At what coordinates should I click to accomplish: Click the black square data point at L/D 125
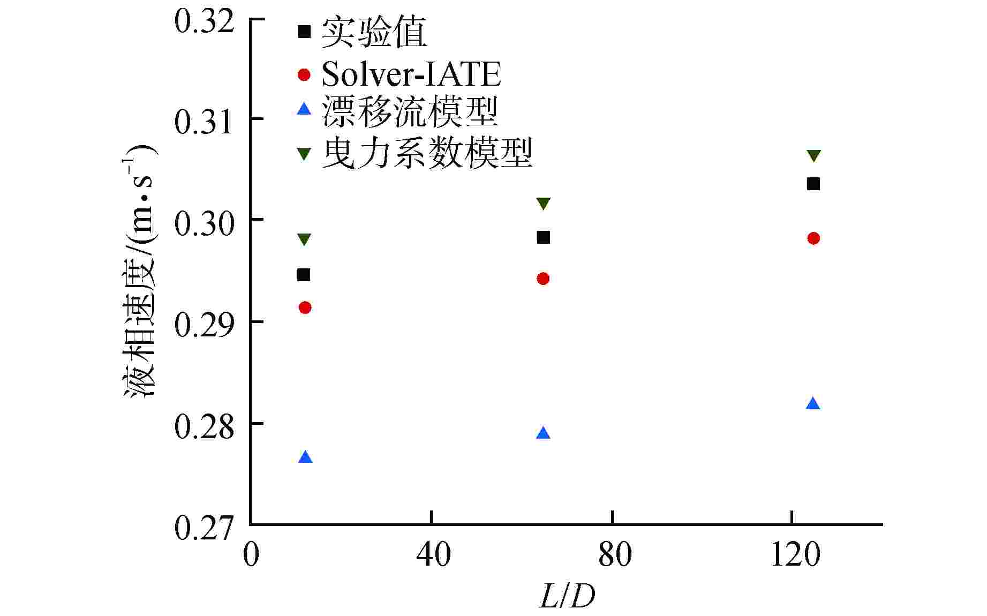click(x=813, y=184)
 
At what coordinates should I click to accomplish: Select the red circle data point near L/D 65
click(x=543, y=279)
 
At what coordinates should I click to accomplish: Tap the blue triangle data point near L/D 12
click(x=305, y=457)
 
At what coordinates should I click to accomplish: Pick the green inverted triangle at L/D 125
click(x=813, y=156)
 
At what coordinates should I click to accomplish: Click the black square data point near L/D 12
click(x=304, y=275)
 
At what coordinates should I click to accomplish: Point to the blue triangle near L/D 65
click(x=543, y=433)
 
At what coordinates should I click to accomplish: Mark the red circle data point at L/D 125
click(x=813, y=238)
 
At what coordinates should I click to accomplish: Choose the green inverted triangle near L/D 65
click(x=543, y=204)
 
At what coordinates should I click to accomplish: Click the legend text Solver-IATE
click(x=411, y=74)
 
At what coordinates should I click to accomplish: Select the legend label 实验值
click(x=374, y=32)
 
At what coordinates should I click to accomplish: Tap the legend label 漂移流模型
click(x=410, y=111)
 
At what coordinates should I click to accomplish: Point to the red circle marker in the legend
click(x=304, y=74)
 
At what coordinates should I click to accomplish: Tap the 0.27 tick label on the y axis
click(x=205, y=527)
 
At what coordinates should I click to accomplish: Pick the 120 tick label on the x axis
click(x=795, y=554)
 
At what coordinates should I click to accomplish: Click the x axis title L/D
click(x=567, y=596)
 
